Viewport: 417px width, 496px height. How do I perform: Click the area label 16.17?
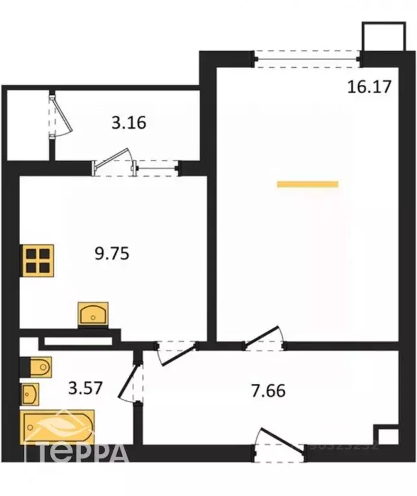point(369,86)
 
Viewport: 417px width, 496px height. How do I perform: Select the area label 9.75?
point(112,253)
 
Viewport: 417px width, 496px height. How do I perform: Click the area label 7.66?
point(267,390)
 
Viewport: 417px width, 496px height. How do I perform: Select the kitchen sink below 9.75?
point(95,314)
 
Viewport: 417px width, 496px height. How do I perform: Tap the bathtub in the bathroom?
point(58,426)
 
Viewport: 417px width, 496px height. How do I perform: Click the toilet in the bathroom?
point(38,367)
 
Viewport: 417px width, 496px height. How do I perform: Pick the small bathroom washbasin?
point(30,393)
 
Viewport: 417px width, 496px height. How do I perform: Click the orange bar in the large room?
point(308,184)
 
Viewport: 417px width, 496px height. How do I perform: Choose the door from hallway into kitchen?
point(176,350)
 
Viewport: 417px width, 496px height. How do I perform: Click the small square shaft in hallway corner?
point(387,435)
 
